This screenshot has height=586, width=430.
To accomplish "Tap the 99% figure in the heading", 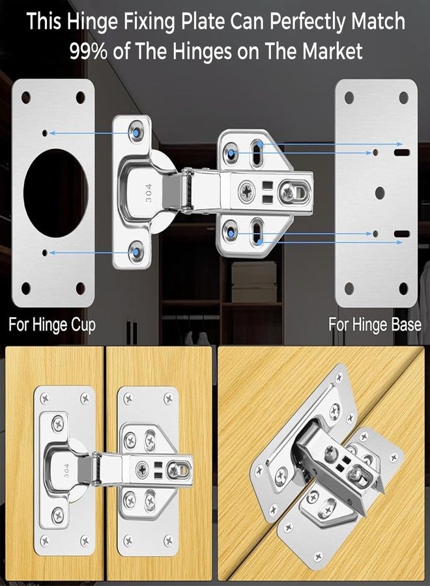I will [x=89, y=51].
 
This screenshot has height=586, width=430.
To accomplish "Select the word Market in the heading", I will [x=330, y=51].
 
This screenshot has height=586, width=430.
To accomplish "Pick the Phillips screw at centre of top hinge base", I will [x=248, y=191].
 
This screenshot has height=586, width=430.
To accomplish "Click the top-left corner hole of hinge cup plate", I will [x=26, y=97].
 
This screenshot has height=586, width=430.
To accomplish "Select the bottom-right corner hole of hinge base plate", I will [x=403, y=287].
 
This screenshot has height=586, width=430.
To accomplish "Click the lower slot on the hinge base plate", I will [x=401, y=233].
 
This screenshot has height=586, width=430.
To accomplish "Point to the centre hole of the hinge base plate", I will [x=377, y=193].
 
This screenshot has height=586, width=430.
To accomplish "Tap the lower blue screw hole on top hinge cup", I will [x=137, y=251].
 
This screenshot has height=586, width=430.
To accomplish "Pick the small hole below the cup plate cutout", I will [x=44, y=252].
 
